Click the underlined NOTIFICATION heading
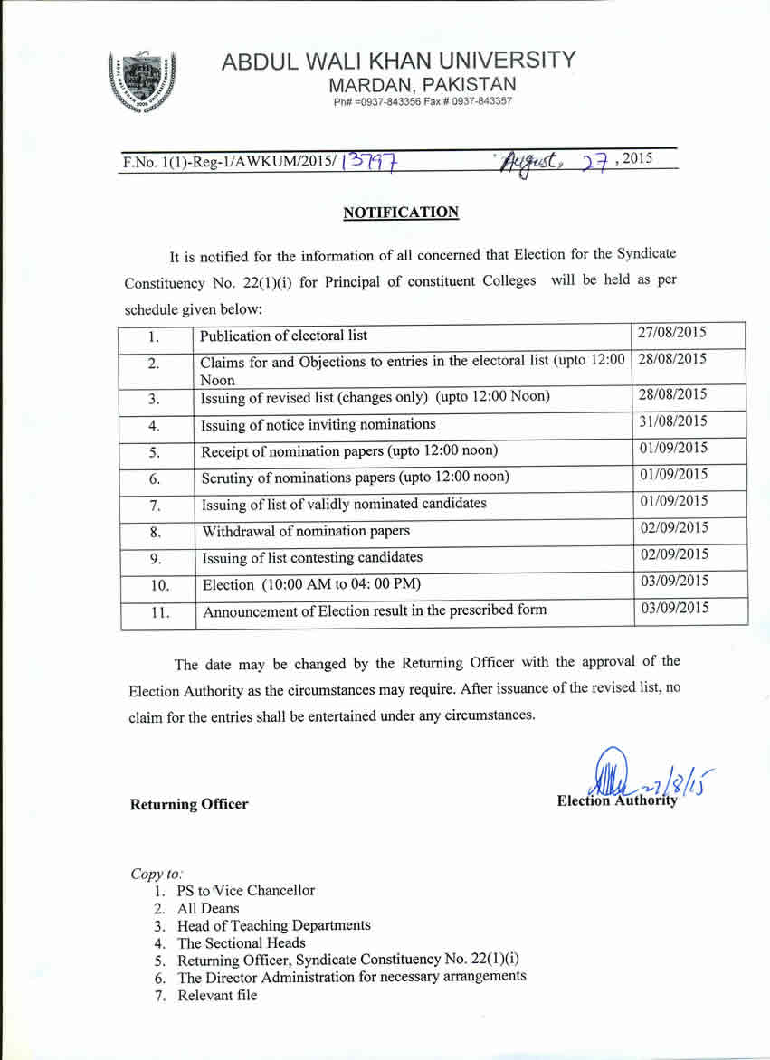pyautogui.click(x=401, y=213)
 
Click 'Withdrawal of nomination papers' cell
pyautogui.click(x=306, y=531)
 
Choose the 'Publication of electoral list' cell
pyautogui.click(x=284, y=336)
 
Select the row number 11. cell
pyautogui.click(x=159, y=612)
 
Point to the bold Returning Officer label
pyautogui.click(x=189, y=804)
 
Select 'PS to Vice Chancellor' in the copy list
pyautogui.click(x=246, y=891)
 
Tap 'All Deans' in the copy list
pyautogui.click(x=209, y=908)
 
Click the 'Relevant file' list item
pyautogui.click(x=217, y=995)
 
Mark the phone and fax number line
pyautogui.click(x=423, y=101)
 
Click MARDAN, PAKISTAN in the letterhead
pyautogui.click(x=423, y=85)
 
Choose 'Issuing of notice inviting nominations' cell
pyautogui.click(x=318, y=424)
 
